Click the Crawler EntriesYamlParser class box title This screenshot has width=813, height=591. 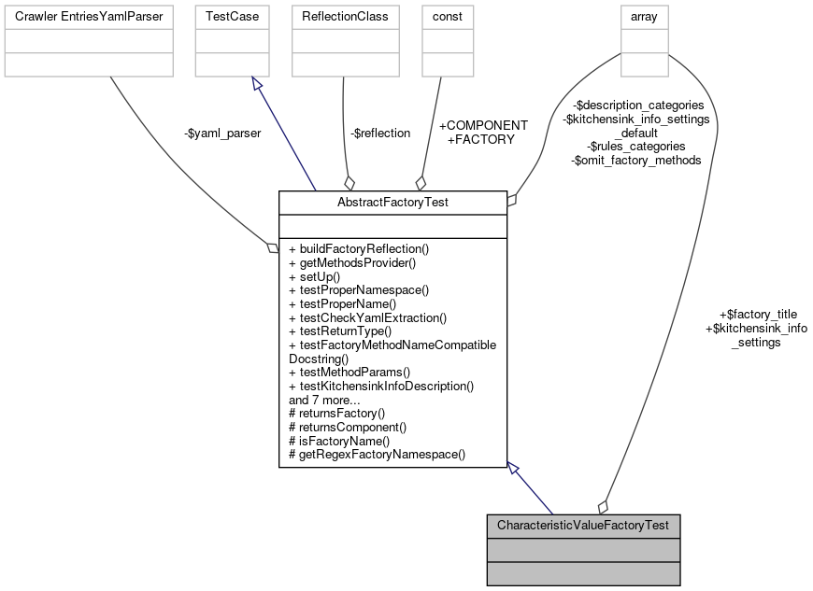(88, 17)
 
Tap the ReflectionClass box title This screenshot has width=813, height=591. (346, 17)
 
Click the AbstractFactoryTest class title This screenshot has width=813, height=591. (392, 203)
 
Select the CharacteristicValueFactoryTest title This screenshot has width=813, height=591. (583, 526)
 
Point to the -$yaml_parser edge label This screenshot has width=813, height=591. (222, 133)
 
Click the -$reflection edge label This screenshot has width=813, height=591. (380, 133)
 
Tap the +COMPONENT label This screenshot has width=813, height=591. (483, 125)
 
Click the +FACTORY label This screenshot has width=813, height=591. (481, 139)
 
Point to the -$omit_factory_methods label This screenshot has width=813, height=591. (635, 160)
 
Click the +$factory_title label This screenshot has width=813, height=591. (757, 314)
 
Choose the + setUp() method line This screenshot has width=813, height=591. (315, 276)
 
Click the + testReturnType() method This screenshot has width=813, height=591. (340, 331)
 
